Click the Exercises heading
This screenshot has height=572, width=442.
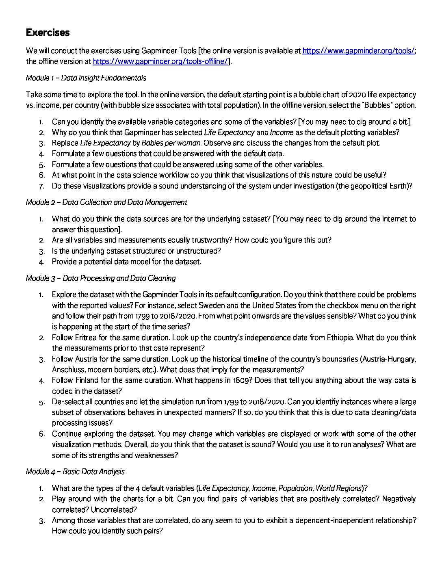click(x=48, y=32)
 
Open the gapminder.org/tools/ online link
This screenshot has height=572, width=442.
click(x=358, y=51)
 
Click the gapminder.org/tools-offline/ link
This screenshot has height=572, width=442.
click(x=160, y=61)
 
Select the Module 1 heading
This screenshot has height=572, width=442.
click(x=86, y=78)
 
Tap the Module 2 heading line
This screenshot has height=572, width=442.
click(x=106, y=202)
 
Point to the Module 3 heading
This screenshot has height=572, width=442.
click(x=101, y=278)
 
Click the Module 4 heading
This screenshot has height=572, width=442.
click(x=75, y=472)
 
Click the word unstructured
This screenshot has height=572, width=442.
click(x=198, y=251)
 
